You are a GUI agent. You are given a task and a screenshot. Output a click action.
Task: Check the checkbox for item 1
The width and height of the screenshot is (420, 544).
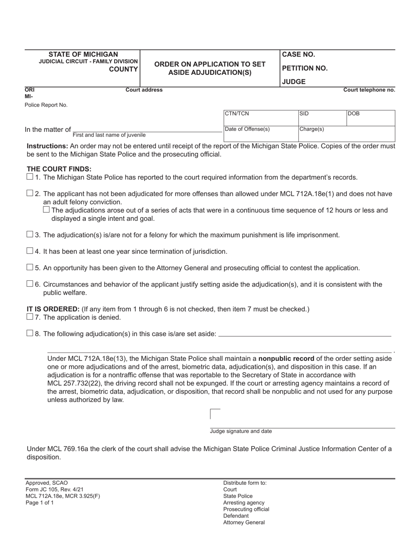click(x=30, y=177)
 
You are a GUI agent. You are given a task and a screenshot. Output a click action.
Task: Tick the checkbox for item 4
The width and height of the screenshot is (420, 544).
click(x=30, y=251)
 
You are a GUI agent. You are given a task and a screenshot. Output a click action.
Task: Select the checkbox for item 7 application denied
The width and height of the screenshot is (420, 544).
click(x=30, y=317)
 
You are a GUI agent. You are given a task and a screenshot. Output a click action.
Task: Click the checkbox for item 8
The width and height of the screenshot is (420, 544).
click(x=30, y=333)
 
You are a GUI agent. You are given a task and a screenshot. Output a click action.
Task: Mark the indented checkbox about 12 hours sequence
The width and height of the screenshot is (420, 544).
click(x=46, y=210)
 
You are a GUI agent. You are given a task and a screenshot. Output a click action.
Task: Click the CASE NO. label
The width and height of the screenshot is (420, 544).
click(x=298, y=54)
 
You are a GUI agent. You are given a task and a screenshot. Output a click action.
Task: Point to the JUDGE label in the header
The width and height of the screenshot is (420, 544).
click(x=294, y=82)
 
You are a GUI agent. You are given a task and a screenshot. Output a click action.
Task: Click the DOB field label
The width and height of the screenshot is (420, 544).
click(x=354, y=114)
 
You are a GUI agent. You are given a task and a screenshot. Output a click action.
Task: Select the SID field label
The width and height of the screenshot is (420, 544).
click(x=304, y=114)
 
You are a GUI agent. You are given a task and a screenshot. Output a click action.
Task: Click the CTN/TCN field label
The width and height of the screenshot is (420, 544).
click(x=237, y=114)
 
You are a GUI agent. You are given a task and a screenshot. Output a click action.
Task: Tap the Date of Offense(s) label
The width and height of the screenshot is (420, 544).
click(x=247, y=129)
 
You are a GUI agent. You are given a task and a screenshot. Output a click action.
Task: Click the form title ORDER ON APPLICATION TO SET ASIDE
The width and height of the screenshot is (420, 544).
click(x=210, y=69)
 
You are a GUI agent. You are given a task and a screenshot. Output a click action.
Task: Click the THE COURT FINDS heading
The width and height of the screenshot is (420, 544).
click(x=59, y=169)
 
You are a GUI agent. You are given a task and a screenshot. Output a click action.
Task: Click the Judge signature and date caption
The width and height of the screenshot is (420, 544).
click(x=241, y=431)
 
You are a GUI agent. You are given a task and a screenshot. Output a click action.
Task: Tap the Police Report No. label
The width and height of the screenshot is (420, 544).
click(x=46, y=105)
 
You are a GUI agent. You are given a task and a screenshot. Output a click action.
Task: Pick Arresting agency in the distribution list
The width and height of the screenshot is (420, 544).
click(x=244, y=502)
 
